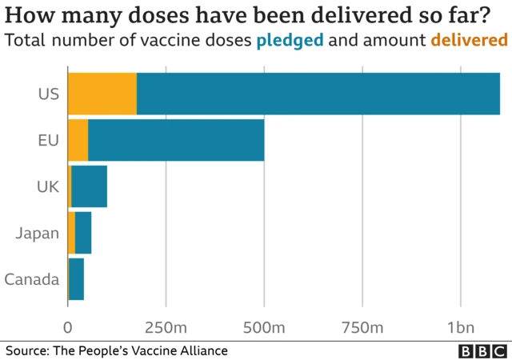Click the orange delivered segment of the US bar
[102, 93]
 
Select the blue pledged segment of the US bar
[318, 93]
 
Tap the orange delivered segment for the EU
[78, 140]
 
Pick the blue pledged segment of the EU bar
[176, 140]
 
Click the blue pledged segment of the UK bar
[89, 186]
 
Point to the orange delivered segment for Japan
[71, 233]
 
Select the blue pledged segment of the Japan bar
[83, 233]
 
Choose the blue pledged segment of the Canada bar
[77, 279]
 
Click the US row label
[49, 94]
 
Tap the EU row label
[49, 140]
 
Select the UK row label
[48, 186]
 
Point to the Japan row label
[38, 233]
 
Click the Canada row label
[32, 279]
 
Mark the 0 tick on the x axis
[68, 326]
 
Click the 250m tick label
[166, 326]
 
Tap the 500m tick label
[264, 326]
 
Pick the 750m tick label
[362, 326]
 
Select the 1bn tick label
[461, 326]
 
